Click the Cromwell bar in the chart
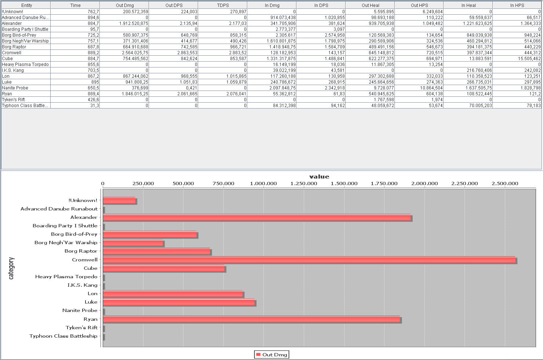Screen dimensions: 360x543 coord(309,260)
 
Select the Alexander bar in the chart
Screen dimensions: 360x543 coord(257,217)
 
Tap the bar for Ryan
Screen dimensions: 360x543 coord(251,319)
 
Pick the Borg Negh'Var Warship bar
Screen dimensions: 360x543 coord(133,243)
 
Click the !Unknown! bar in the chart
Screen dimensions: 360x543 coord(119,201)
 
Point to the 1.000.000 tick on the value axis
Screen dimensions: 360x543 coord(263,184)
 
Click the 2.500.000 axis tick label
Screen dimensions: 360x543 coord(505,184)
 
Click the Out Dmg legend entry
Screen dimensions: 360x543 coord(271,355)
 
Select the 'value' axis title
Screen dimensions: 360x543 coord(319,177)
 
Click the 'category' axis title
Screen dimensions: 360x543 coord(11,268)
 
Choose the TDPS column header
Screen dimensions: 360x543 coord(222,5)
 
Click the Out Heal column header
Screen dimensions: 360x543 coord(370,5)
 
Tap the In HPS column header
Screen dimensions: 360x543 coord(517,5)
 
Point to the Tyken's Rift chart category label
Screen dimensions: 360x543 coord(81,328)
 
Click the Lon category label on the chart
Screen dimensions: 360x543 coord(92,294)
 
